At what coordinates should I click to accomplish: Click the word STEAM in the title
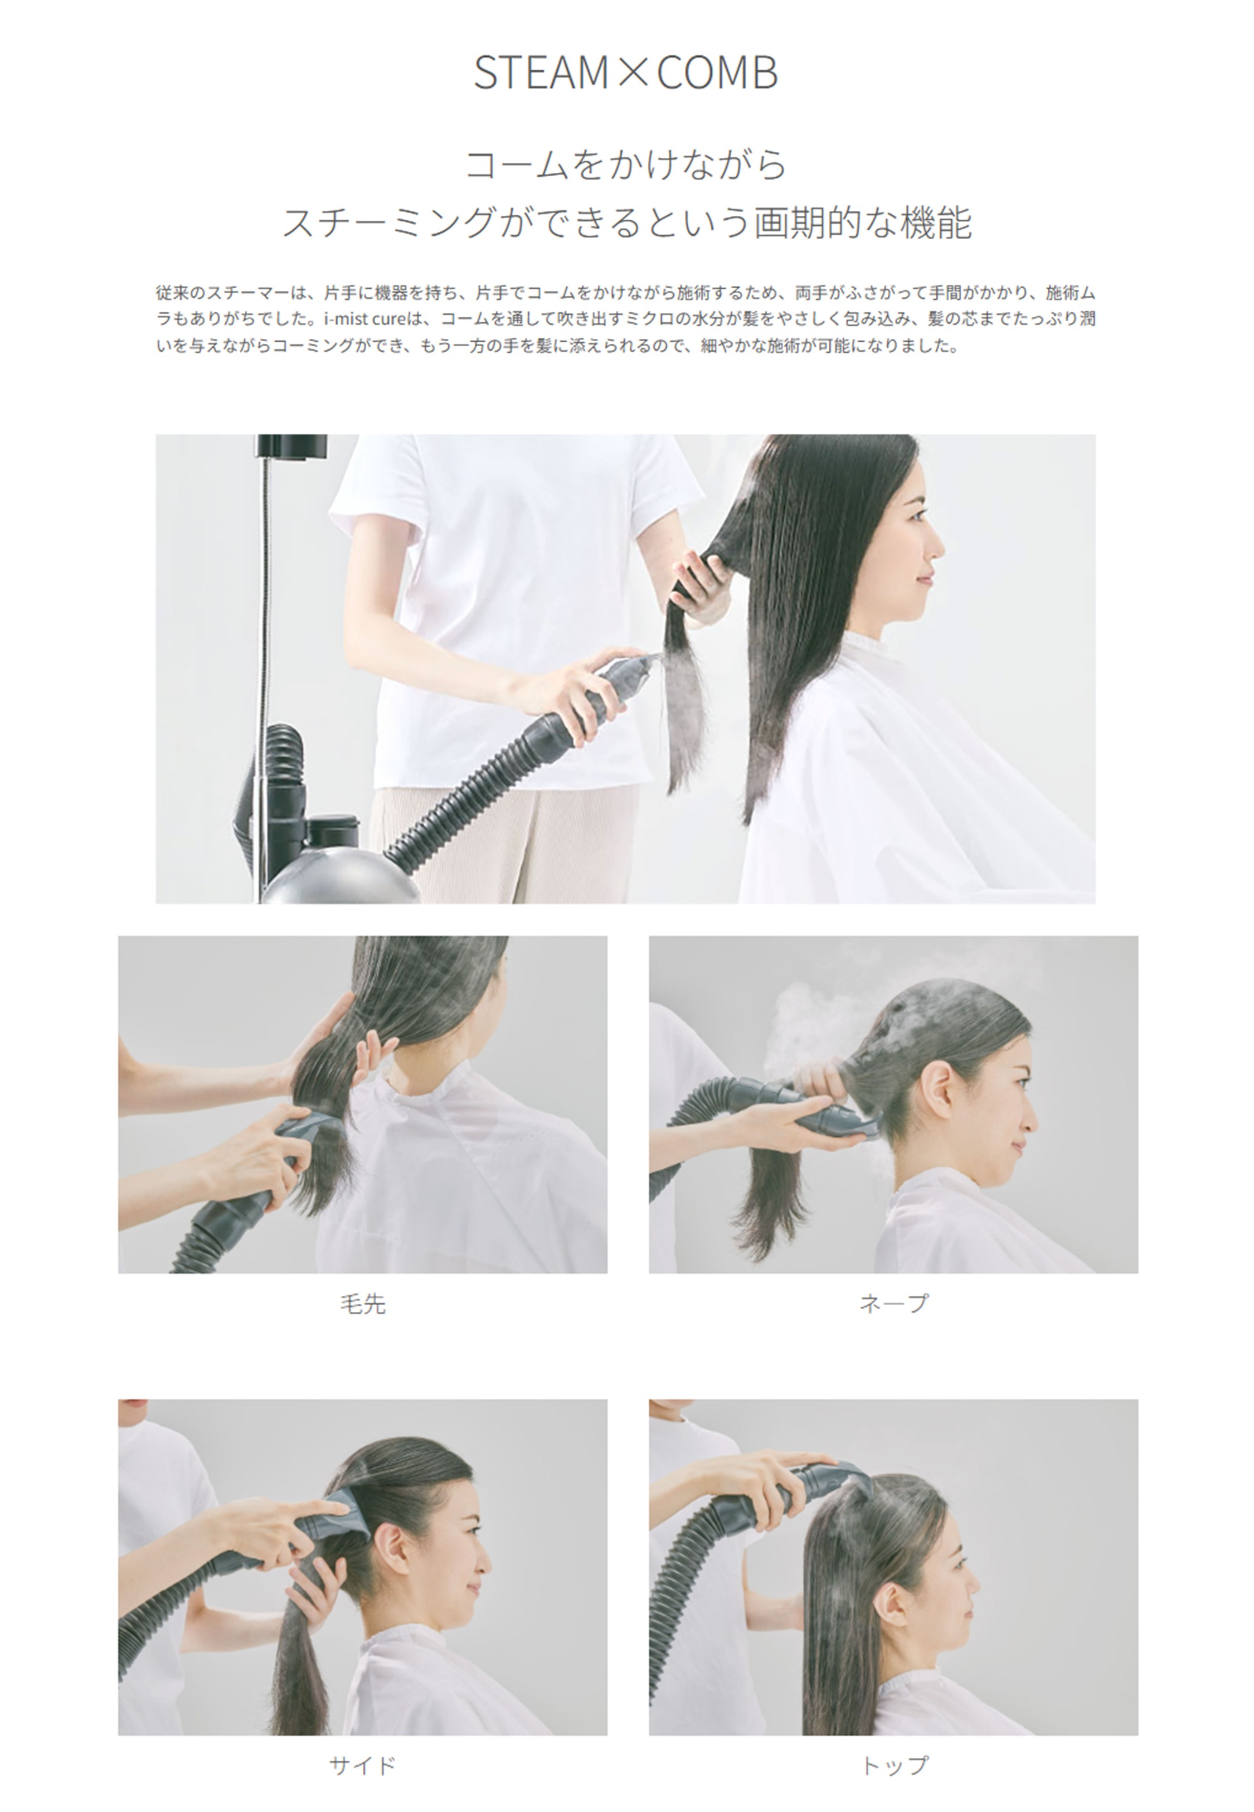541,72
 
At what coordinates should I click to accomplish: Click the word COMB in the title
717,72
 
